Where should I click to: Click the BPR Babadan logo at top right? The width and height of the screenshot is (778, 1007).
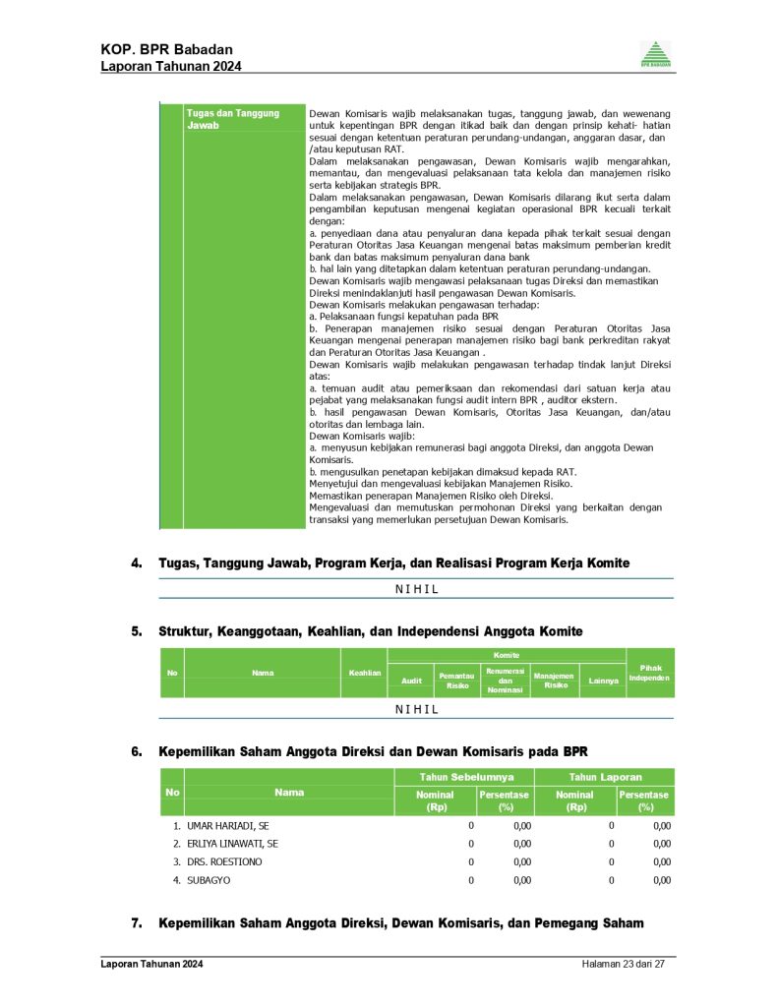(x=656, y=55)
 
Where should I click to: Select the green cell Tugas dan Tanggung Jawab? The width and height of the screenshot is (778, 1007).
(x=233, y=119)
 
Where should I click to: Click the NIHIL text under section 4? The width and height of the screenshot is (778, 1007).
(x=416, y=589)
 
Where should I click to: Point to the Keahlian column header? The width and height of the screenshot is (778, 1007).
(x=365, y=673)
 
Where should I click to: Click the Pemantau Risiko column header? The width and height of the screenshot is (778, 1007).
(x=457, y=681)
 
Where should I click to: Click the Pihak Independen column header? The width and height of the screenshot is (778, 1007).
(x=650, y=673)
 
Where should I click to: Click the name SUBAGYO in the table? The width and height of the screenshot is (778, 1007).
(x=209, y=880)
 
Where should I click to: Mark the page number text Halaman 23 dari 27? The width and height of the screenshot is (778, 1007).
(x=624, y=965)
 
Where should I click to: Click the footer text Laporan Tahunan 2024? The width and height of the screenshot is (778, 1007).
(x=151, y=965)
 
